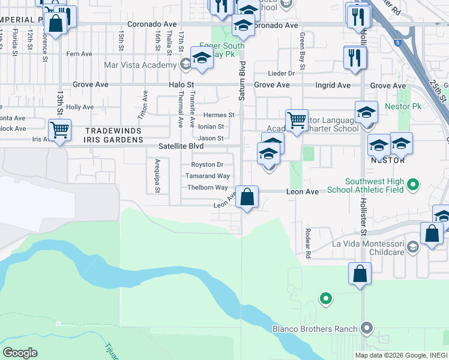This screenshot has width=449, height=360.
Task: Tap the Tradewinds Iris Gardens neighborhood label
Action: pos(114,135)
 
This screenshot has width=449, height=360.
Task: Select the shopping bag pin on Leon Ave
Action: pos(247,197)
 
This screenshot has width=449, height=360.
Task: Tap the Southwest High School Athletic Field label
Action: pos(375,187)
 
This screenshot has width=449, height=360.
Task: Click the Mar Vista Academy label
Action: pos(147,62)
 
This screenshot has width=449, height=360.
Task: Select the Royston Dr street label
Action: pos(207,164)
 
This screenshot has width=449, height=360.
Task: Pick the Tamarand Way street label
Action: pos(207,176)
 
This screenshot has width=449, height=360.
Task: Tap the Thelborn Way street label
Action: pos(207,187)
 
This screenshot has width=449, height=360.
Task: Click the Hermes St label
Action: pos(218,115)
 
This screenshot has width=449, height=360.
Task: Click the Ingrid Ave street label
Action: pos(335,85)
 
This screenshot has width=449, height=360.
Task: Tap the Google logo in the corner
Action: pos(20,353)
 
